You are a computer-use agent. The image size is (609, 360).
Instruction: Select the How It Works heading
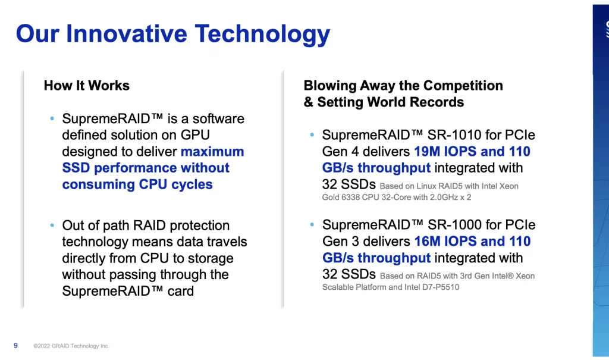pos(86,86)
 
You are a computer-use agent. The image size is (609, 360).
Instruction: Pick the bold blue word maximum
pos(212,152)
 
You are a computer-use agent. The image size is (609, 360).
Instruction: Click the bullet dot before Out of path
pos(52,226)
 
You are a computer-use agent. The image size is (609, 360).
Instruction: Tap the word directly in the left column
pos(88,258)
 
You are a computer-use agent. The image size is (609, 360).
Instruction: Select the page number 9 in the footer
pos(15,345)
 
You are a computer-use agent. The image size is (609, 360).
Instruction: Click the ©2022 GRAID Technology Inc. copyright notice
pos(71,346)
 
